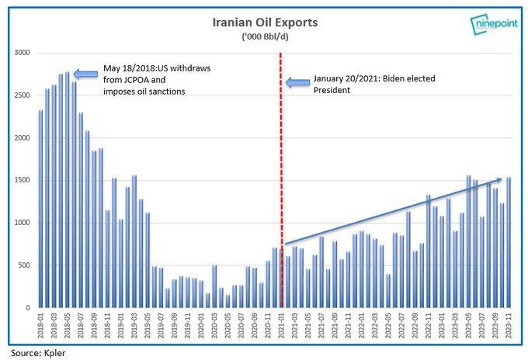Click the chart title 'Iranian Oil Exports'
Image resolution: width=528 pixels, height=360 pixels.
pyautogui.click(x=263, y=22)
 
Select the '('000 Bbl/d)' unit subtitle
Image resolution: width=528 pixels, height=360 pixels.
pyautogui.click(x=263, y=36)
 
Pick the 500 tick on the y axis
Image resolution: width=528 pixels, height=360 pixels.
pyautogui.click(x=23, y=265)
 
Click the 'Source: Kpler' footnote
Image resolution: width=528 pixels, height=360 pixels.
pyautogui.click(x=35, y=351)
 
